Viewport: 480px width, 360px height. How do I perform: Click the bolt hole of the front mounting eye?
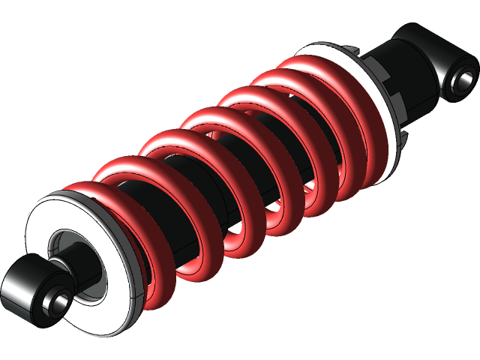point(58,301)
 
